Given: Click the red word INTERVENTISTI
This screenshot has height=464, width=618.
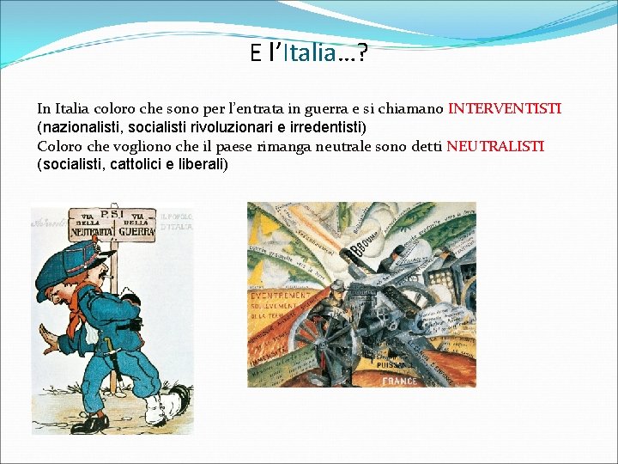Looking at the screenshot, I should click(505, 110).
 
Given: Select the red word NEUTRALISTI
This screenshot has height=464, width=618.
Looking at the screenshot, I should click(494, 147).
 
